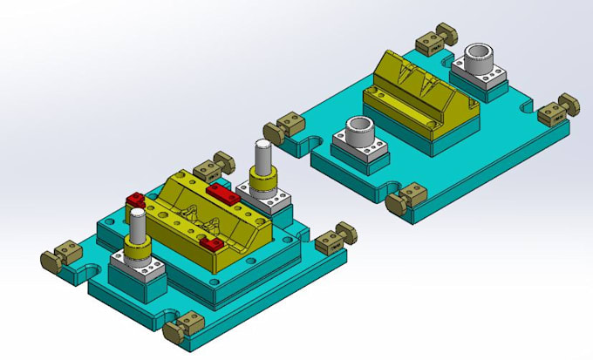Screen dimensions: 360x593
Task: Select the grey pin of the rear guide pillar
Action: (x=262, y=158)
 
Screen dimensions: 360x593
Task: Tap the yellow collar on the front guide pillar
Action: (x=138, y=254)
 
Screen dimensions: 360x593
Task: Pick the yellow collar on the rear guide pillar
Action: (x=262, y=183)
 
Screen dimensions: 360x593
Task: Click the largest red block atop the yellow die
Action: (x=223, y=193)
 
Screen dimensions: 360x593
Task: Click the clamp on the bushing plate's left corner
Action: (x=290, y=130)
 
